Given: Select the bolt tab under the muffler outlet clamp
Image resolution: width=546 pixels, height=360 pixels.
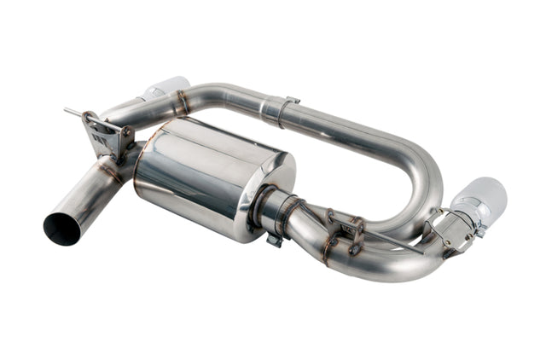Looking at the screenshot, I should pos(273,240).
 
